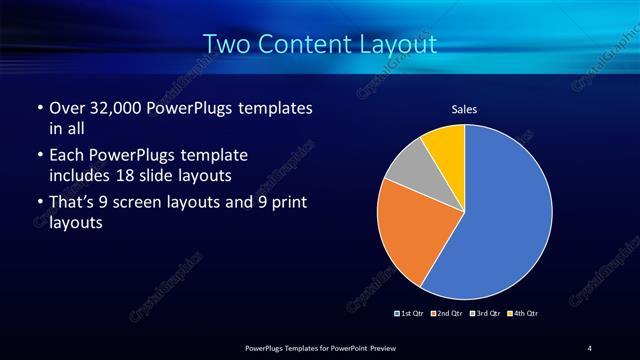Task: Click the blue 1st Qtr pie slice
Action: pyautogui.click(x=500, y=220)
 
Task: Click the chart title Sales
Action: pyautogui.click(x=465, y=109)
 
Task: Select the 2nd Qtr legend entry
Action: pyautogui.click(x=448, y=314)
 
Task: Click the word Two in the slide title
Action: pyautogui.click(x=227, y=44)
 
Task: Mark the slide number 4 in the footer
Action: pyautogui.click(x=589, y=347)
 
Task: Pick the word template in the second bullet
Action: pyautogui.click(x=213, y=155)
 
